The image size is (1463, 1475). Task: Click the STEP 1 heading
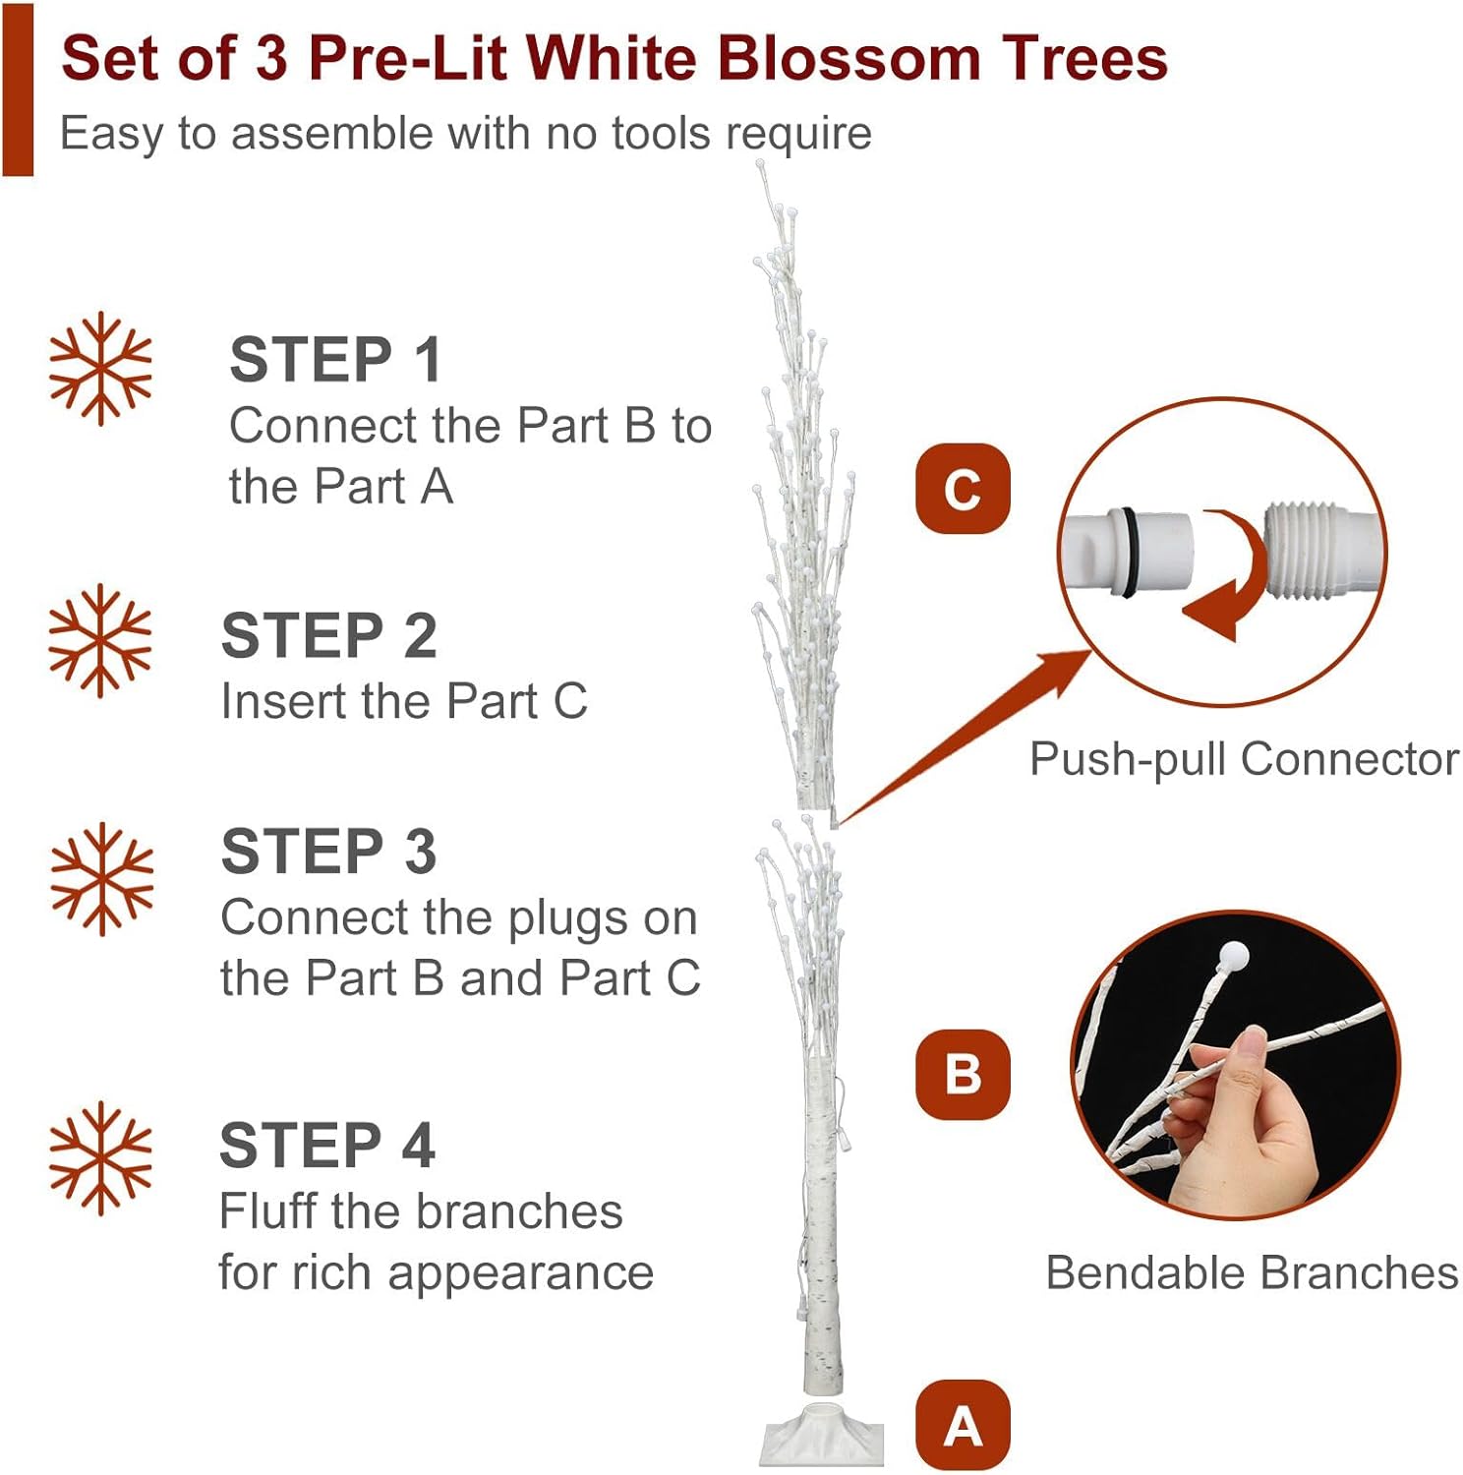334,359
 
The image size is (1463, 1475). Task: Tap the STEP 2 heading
328,635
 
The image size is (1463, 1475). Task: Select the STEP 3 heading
328,851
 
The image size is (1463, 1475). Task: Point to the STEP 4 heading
326,1145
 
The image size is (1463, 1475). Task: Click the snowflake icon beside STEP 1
100,369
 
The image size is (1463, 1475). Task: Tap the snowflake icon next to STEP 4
100,1158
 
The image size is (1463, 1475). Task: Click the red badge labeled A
963,1426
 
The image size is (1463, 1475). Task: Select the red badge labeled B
963,1074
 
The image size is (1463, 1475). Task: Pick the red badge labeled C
963,489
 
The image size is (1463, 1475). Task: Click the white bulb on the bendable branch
1234,956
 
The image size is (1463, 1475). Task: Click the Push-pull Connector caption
1244,759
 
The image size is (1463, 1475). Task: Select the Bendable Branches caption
1252,1272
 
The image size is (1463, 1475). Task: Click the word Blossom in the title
849,58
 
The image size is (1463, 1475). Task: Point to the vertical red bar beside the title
18,88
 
